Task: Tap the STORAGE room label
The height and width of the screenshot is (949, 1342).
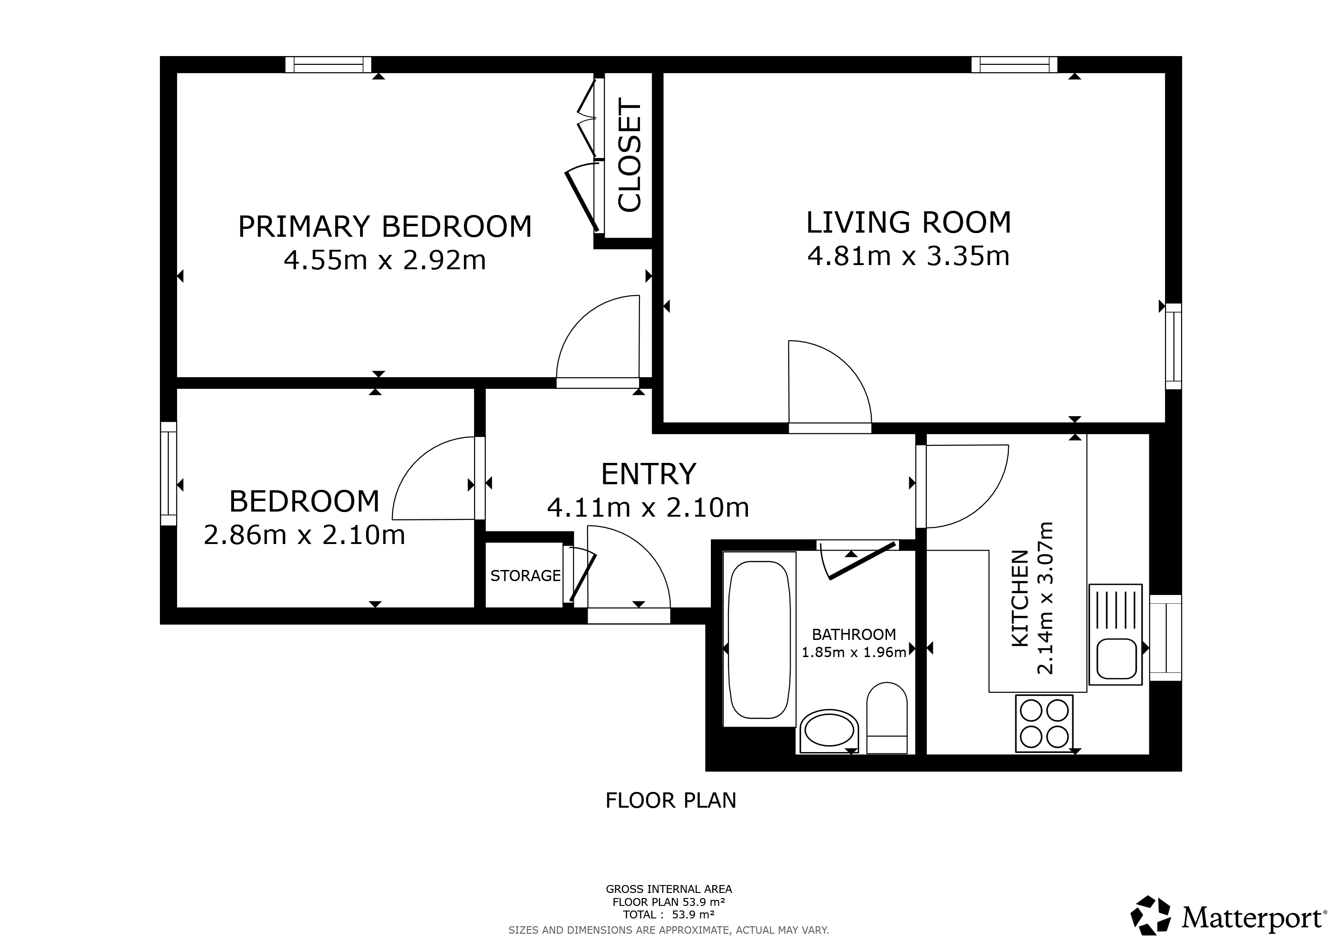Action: (x=525, y=576)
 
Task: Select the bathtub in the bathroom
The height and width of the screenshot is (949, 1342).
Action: (x=760, y=639)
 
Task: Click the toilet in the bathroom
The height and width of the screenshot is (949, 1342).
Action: (x=886, y=718)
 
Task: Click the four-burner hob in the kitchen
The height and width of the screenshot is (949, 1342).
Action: (x=1044, y=724)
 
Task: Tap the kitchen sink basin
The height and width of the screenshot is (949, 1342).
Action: (x=1116, y=658)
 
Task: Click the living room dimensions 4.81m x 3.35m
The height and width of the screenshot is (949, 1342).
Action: (x=908, y=256)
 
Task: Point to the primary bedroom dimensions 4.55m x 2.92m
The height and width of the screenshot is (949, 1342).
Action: (x=385, y=260)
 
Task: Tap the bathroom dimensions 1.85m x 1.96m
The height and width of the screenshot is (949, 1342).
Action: (x=854, y=652)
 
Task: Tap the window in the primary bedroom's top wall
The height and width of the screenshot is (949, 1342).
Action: (x=329, y=64)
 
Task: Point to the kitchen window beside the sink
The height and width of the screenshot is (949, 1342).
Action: (x=1165, y=638)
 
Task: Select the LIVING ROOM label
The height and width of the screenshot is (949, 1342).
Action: (x=908, y=222)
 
